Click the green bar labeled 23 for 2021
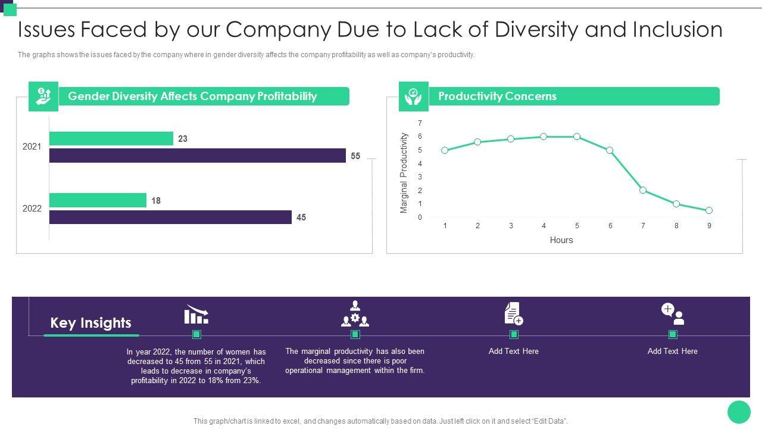coord(111,138)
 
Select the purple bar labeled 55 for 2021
coord(197,156)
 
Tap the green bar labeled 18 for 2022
coord(98,200)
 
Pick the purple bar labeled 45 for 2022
coord(170,217)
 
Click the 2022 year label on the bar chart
coord(32,209)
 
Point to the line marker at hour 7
coord(643,190)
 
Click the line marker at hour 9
coord(709,210)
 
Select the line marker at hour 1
coord(445,150)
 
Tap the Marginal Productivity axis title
coord(404,173)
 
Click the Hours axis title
coord(561,240)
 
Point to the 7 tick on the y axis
coord(420,123)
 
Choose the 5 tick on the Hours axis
coord(577,226)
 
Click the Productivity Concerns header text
coord(497,96)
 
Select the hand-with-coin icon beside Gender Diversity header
coord(43,97)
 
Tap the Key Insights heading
coord(90,323)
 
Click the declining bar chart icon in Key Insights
coord(196,313)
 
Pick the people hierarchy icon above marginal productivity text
coord(355,313)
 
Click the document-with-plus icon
coord(513,313)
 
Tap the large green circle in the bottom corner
coord(739,412)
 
